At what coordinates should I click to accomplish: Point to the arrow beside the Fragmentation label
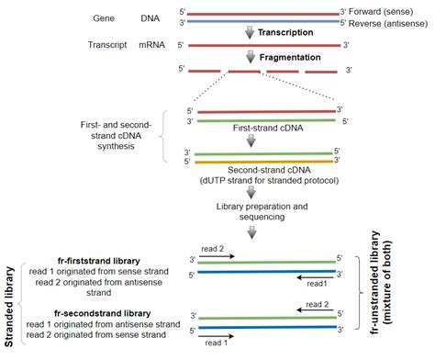[249, 57]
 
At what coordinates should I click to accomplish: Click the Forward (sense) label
[388, 12]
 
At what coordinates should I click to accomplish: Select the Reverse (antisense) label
[393, 22]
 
